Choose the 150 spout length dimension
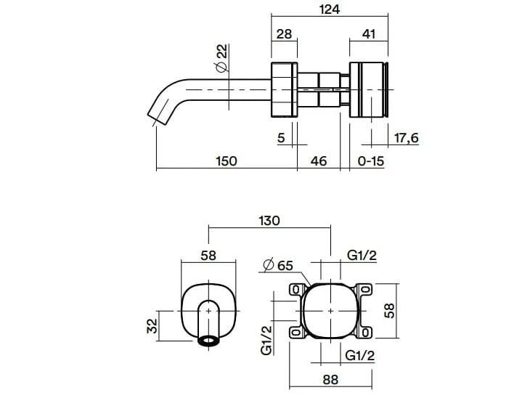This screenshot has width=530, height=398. [x=227, y=161]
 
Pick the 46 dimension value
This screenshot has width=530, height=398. [x=319, y=161]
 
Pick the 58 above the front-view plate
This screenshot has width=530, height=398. [x=208, y=256]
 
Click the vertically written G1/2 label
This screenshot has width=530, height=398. [x=266, y=340]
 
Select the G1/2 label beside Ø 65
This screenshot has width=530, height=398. [x=361, y=256]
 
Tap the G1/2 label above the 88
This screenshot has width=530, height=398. [x=361, y=356]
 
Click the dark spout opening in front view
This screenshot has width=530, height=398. [x=211, y=340]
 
